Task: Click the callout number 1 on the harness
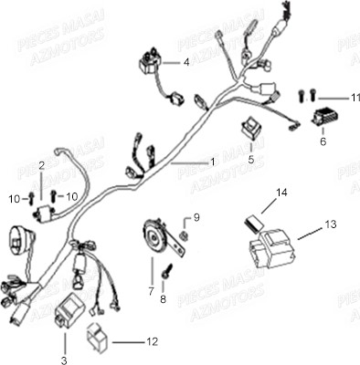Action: (213, 162)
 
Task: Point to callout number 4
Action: (187, 63)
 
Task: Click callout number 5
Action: (250, 158)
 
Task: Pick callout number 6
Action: (323, 142)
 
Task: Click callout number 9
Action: (194, 218)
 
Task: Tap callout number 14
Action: (281, 193)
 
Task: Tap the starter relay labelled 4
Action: (148, 64)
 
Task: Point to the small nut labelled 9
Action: (185, 235)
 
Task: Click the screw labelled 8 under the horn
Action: (168, 272)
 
